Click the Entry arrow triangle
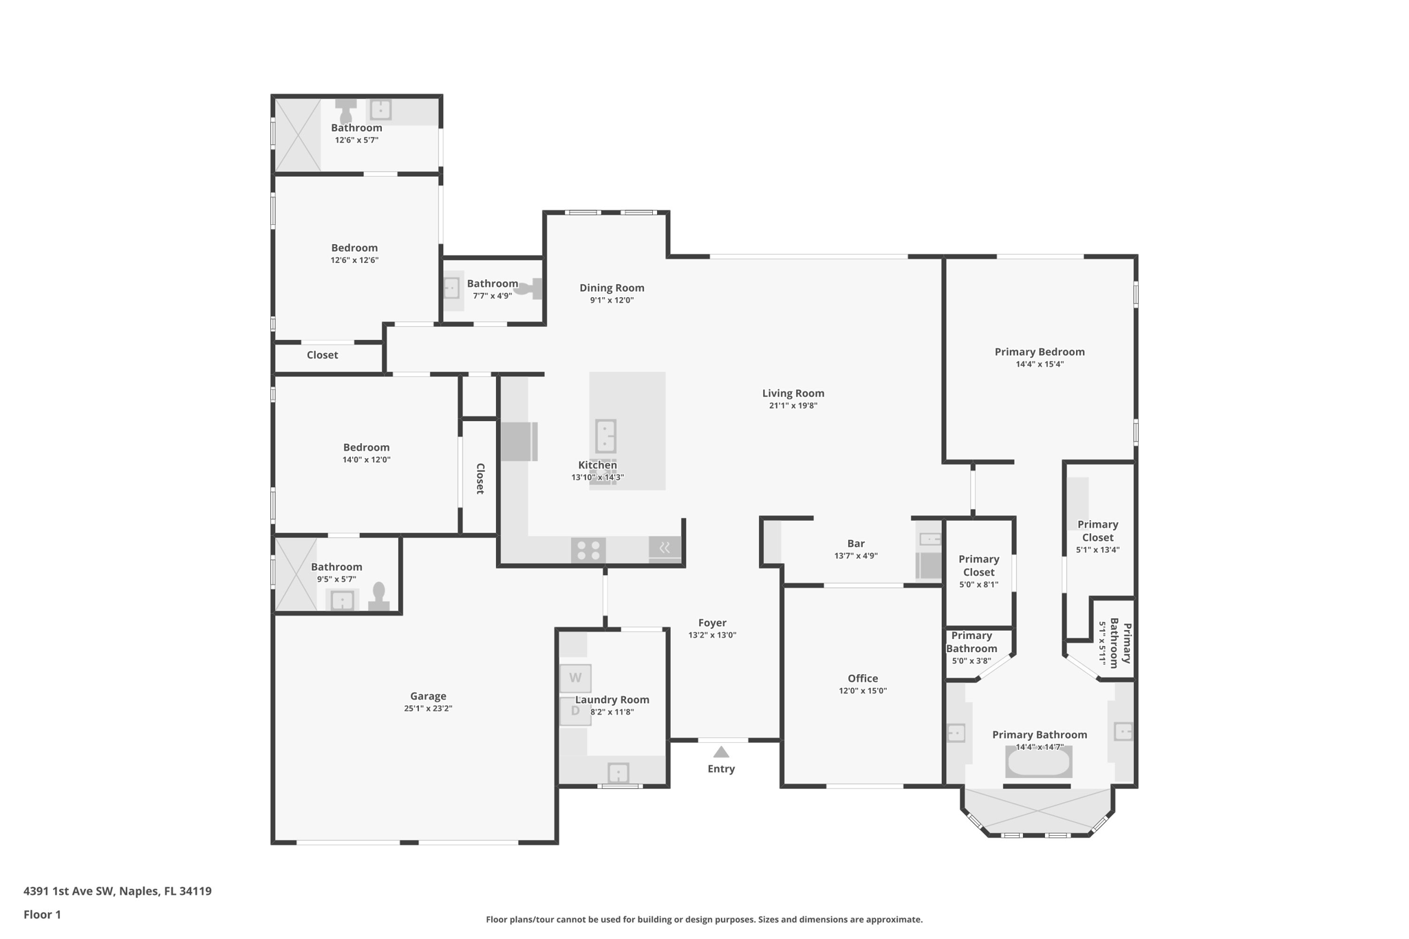pos(720,752)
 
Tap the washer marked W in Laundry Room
pos(575,678)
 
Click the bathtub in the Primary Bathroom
pos(1038,762)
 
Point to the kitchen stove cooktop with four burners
pos(588,550)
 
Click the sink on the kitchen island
pos(605,436)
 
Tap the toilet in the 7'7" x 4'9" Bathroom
pos(528,289)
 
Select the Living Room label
pos(793,393)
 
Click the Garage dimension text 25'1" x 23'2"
pos(428,709)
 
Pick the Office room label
pos(862,678)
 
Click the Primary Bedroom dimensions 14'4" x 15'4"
pos(1040,365)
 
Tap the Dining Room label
pos(612,288)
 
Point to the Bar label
pos(856,543)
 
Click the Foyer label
pos(712,623)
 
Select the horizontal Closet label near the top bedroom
pos(322,355)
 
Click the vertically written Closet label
pos(480,478)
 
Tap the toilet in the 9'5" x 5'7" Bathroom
pos(378,596)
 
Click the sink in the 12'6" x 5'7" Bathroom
pos(380,110)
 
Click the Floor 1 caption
pos(42,914)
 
